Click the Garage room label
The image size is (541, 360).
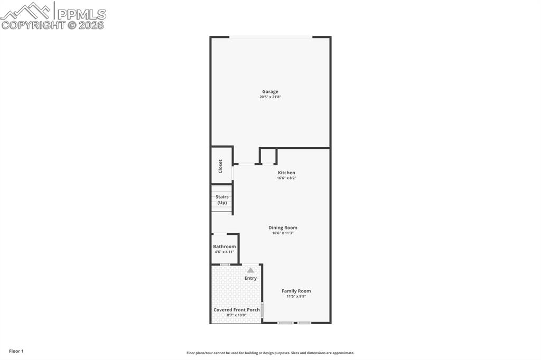[x=270, y=91]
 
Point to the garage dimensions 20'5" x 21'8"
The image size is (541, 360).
[x=270, y=97]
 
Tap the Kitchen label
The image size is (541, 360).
[x=286, y=173]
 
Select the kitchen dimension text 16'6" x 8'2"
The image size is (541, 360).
[x=286, y=178]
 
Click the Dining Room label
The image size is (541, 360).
[x=283, y=228]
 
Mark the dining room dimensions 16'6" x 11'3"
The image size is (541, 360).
[x=283, y=233]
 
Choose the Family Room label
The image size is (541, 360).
[x=296, y=291]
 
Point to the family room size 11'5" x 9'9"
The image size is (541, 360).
[x=296, y=297]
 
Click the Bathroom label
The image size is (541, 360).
[x=225, y=247]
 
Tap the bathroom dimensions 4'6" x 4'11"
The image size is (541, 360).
[x=225, y=252]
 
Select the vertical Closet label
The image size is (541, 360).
[x=220, y=166]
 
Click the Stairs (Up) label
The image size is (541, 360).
[x=222, y=200]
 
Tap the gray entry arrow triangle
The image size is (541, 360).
[x=250, y=270]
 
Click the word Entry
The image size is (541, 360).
[x=250, y=278]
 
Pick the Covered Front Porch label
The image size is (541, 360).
[x=236, y=310]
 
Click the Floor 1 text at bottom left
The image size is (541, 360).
[x=16, y=351]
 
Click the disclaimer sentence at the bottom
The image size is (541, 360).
[x=270, y=353]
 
